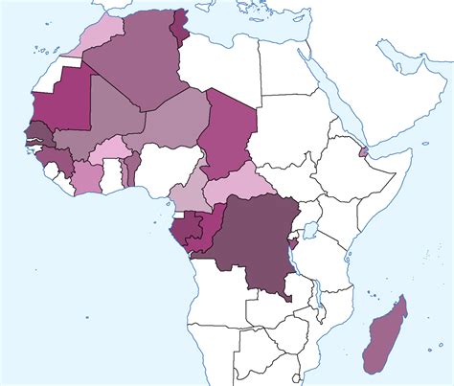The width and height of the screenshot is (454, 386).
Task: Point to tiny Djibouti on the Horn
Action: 362,151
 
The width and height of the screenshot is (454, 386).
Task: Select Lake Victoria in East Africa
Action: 310,231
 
